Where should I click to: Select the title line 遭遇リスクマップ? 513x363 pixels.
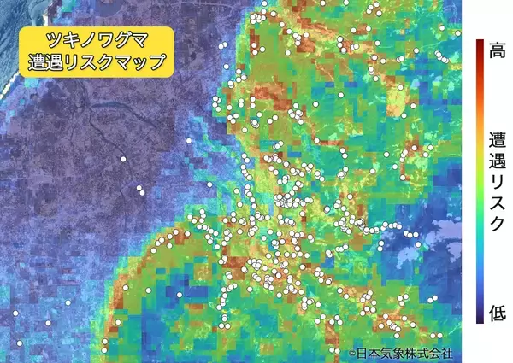[x=97, y=63]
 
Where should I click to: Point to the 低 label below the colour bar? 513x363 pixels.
[x=495, y=313]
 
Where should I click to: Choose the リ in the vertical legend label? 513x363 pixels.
[x=496, y=182]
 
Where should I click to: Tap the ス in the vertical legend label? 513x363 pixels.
[x=496, y=202]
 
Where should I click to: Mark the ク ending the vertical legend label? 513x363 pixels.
[x=496, y=223]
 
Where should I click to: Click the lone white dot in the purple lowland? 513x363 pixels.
[x=123, y=159]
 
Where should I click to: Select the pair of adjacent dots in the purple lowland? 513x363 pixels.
[x=139, y=190]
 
